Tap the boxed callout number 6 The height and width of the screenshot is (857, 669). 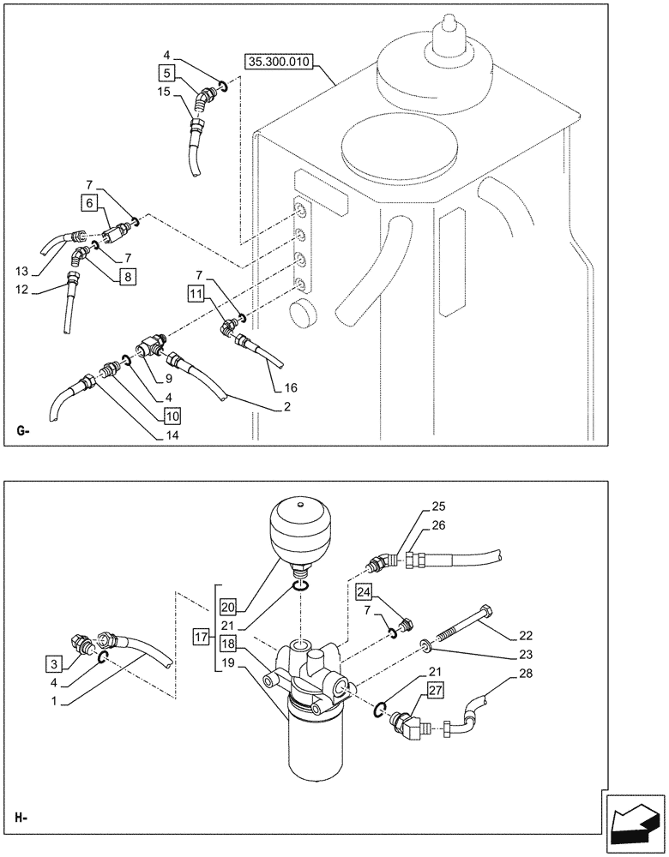[91, 203]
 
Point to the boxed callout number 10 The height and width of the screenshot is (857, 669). [172, 416]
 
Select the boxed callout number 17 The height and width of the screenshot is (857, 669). [200, 637]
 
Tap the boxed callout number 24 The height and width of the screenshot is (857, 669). [364, 592]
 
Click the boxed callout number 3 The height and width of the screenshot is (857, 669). [54, 662]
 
